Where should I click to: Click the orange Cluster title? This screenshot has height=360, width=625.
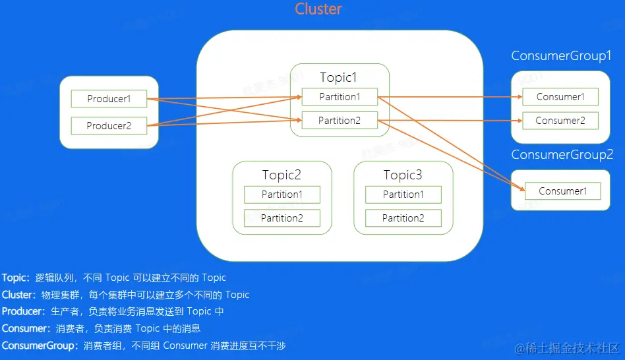pyautogui.click(x=318, y=9)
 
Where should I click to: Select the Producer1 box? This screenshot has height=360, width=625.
pyautogui.click(x=109, y=100)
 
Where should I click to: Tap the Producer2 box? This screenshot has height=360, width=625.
pyautogui.click(x=109, y=126)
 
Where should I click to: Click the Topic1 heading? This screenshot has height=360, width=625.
pyautogui.click(x=338, y=77)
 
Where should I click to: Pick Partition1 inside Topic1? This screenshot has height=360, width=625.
pyautogui.click(x=340, y=97)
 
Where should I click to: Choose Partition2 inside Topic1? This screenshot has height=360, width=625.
pyautogui.click(x=340, y=121)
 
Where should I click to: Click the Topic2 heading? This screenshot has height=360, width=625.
pyautogui.click(x=282, y=175)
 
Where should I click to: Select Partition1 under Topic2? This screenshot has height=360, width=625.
pyautogui.click(x=282, y=195)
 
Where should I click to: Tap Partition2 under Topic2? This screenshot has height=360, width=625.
pyautogui.click(x=282, y=218)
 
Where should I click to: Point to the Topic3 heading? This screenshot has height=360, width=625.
pyautogui.click(x=403, y=175)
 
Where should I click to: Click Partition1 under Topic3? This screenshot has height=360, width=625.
pyautogui.click(x=403, y=195)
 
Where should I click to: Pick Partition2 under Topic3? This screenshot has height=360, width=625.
pyautogui.click(x=403, y=218)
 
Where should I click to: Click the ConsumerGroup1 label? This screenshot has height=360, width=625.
pyautogui.click(x=562, y=55)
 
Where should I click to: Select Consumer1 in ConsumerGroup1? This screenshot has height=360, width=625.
pyautogui.click(x=560, y=97)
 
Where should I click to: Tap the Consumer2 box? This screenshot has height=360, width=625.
pyautogui.click(x=560, y=121)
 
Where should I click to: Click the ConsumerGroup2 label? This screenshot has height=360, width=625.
pyautogui.click(x=562, y=154)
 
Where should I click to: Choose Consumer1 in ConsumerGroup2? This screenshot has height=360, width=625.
pyautogui.click(x=562, y=191)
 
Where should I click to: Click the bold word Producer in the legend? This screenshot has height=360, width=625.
pyautogui.click(x=24, y=311)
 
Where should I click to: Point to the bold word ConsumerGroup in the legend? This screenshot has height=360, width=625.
pyautogui.click(x=40, y=345)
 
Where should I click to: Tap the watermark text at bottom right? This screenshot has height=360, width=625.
pyautogui.click(x=568, y=348)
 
